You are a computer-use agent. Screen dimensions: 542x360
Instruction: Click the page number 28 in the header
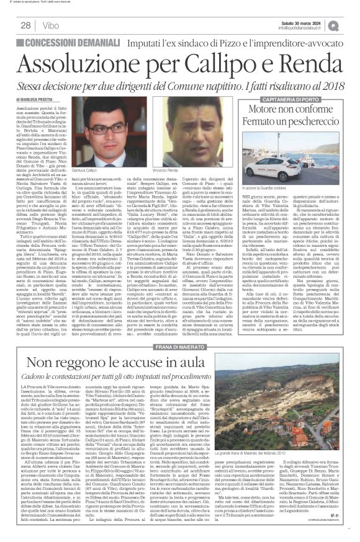(x=27, y=25)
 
